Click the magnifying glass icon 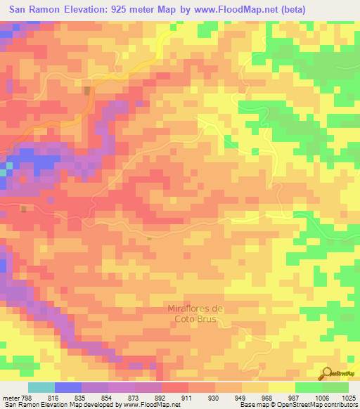(327, 372)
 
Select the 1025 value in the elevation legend (348, 398)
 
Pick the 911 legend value (188, 398)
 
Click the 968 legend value (268, 398)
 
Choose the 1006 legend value (321, 398)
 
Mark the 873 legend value (134, 398)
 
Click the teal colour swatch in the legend (41, 387)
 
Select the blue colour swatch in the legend (68, 387)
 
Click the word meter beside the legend (10, 398)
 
